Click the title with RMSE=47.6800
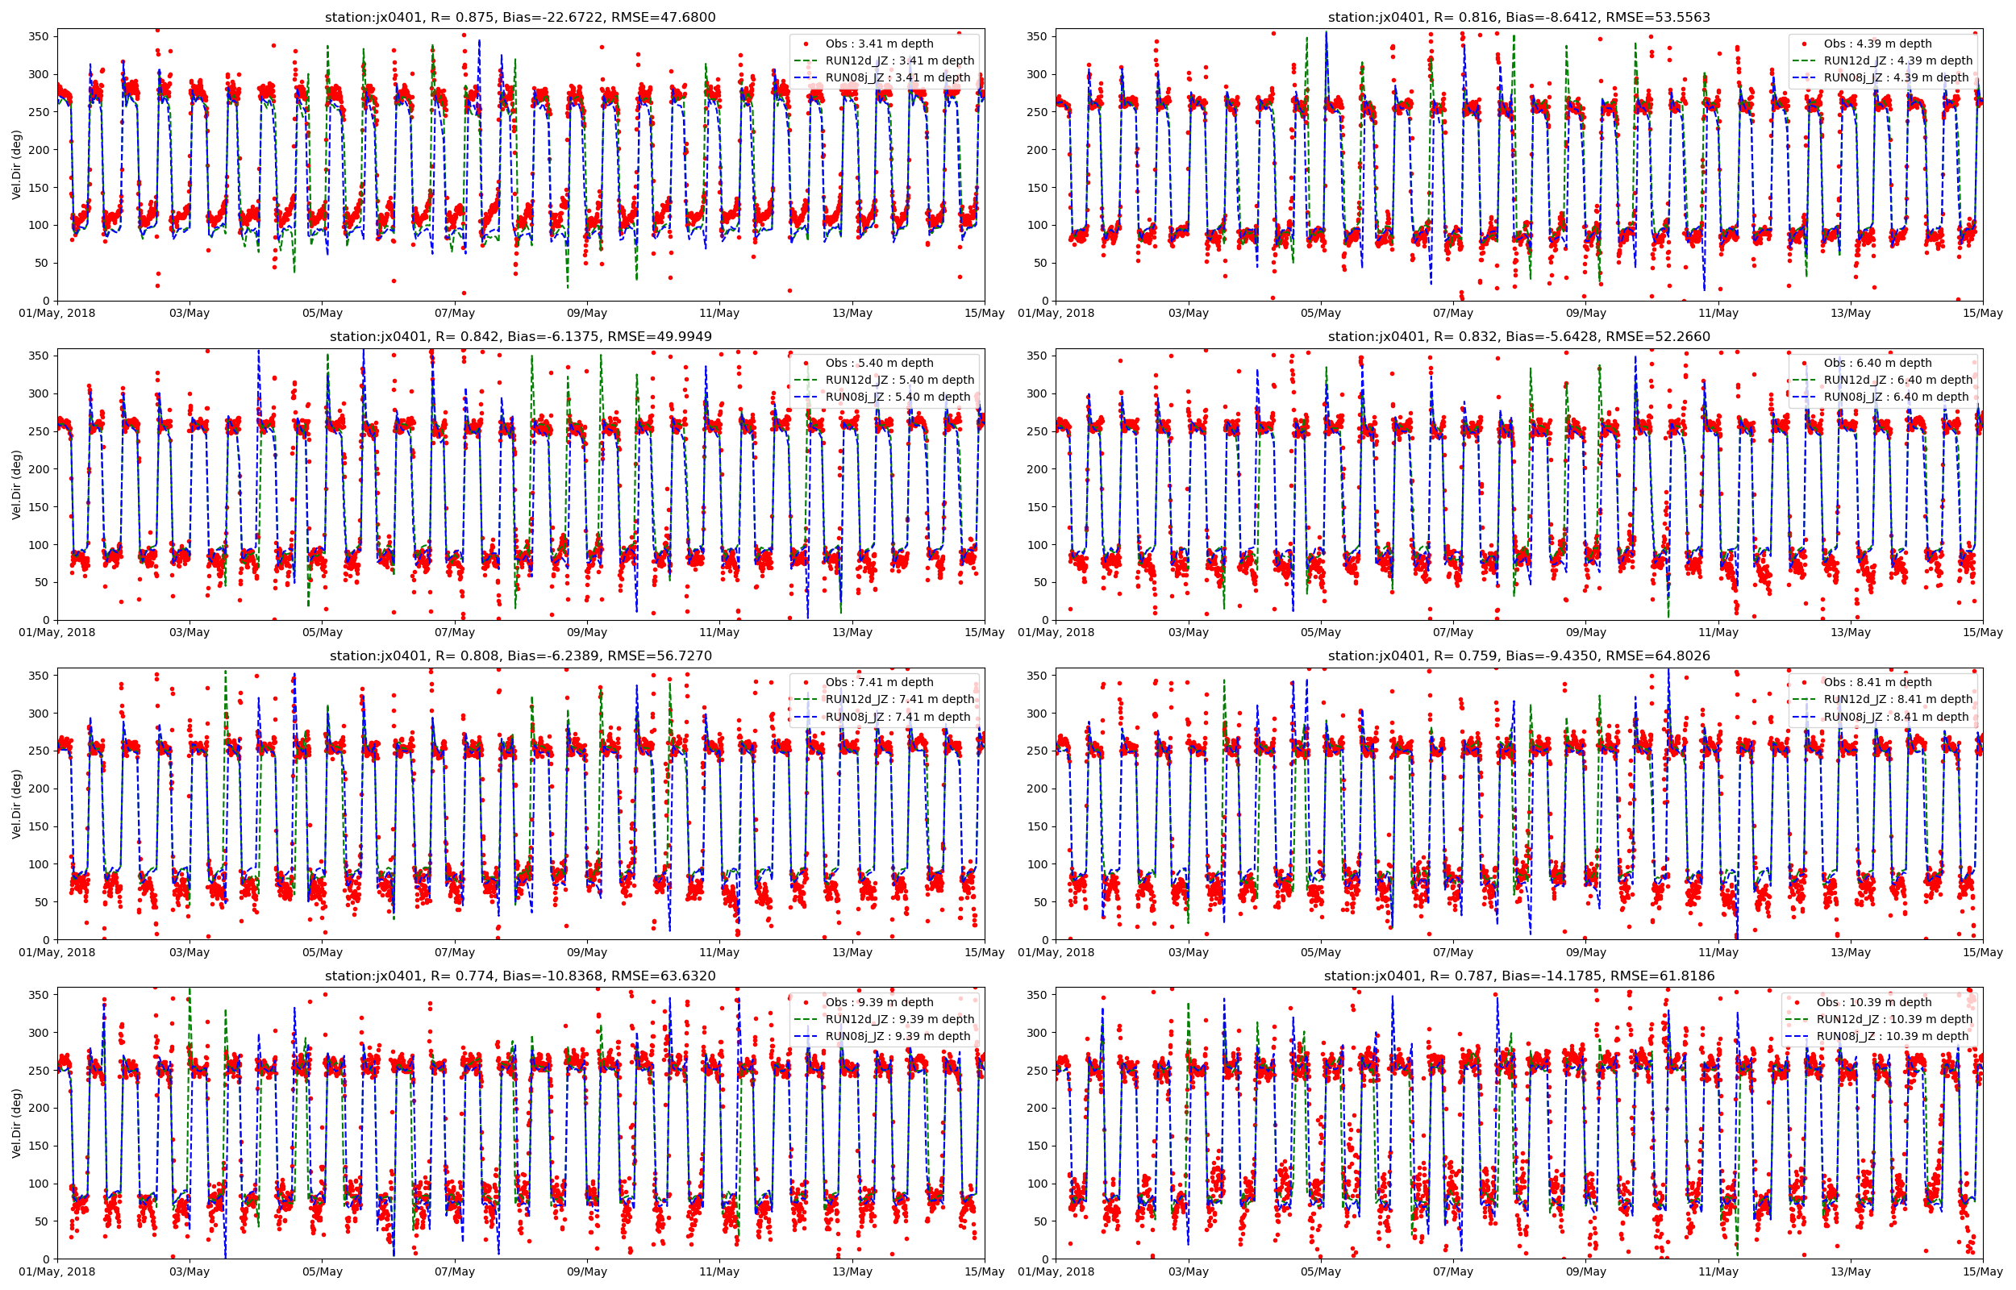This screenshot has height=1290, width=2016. click(520, 17)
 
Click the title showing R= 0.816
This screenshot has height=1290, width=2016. click(1518, 17)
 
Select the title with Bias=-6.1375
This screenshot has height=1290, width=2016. click(520, 337)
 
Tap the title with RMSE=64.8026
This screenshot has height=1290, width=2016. click(1518, 656)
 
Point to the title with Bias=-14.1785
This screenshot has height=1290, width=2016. click(1518, 976)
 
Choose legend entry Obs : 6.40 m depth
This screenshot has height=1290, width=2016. click(1877, 363)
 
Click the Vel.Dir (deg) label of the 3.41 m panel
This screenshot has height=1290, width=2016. click(17, 165)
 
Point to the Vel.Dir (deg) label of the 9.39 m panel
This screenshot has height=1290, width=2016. click(17, 1123)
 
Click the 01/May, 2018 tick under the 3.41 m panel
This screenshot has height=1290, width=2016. click(58, 314)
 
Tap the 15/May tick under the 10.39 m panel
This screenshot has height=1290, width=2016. click(1982, 1271)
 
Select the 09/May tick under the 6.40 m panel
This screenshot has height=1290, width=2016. click(1585, 632)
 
